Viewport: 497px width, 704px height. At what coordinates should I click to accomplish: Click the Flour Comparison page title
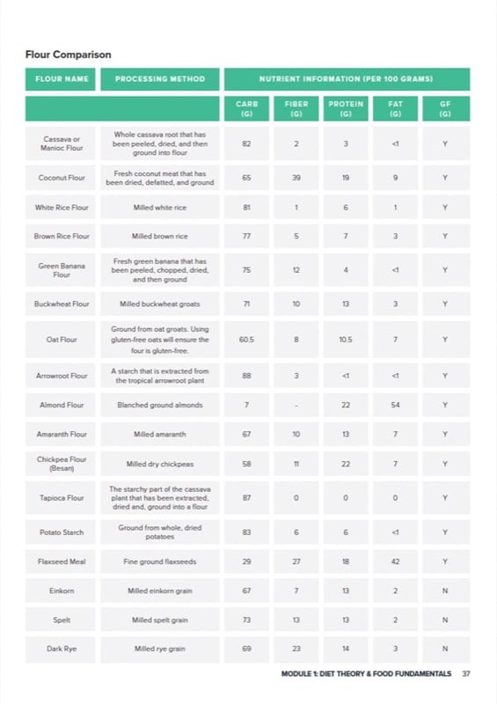[x=69, y=55]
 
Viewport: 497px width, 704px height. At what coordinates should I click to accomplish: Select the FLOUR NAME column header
[x=62, y=79]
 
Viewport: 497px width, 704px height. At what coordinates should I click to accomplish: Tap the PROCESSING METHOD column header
[x=160, y=79]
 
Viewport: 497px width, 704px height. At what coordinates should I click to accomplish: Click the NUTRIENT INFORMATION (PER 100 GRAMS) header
[x=346, y=79]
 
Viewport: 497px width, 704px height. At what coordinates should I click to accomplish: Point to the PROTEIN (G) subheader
[x=346, y=108]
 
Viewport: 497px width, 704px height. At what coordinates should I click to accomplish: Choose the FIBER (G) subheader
[x=296, y=108]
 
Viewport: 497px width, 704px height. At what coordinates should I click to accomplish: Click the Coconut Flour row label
[x=62, y=178]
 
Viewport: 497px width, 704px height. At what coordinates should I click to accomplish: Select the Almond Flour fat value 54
[x=396, y=406]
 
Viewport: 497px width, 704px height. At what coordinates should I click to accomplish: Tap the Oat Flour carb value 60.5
[x=246, y=339]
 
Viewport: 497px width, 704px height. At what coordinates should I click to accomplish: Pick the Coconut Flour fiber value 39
[x=296, y=178]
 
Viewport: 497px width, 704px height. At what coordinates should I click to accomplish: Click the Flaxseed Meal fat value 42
[x=396, y=561]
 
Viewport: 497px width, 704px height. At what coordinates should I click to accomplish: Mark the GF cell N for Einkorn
[x=445, y=591]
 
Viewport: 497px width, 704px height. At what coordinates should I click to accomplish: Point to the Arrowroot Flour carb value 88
[x=246, y=376]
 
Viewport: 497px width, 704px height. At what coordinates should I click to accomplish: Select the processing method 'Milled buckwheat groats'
[x=160, y=304]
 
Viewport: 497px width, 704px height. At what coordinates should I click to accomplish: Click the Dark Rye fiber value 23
[x=296, y=649]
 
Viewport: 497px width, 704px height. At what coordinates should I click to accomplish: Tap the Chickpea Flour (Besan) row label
[x=62, y=464]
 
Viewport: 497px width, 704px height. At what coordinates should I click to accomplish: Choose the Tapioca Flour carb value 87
[x=246, y=498]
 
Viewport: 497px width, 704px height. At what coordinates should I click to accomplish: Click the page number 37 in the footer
[x=466, y=674]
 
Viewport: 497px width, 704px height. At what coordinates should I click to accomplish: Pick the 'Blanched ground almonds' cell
[x=160, y=406]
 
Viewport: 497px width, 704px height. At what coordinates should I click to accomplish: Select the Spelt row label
[x=62, y=620]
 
